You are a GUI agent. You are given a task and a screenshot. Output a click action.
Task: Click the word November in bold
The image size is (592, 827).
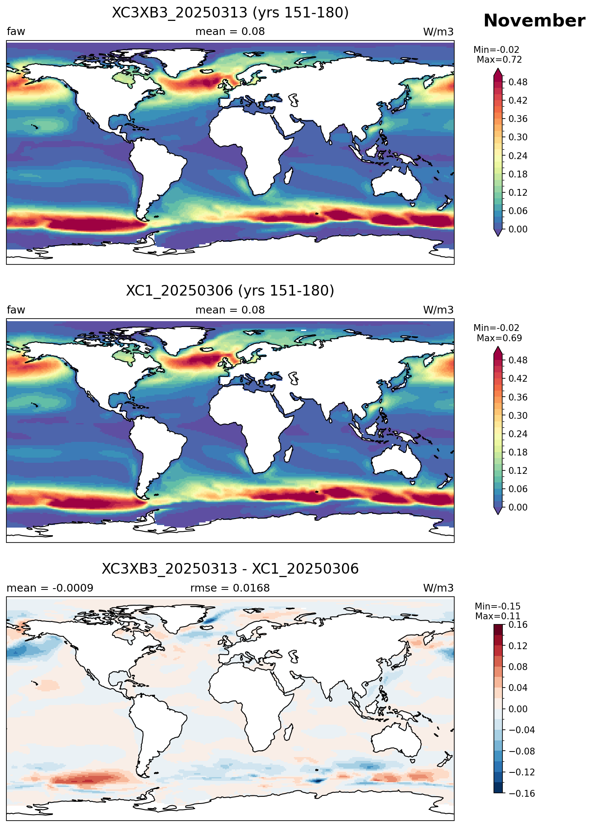pos(534,20)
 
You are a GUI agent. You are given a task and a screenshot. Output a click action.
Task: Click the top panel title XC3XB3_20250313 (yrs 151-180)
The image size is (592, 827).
pos(230,13)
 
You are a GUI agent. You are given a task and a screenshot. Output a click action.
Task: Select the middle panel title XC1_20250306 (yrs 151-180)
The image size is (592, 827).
pos(230,291)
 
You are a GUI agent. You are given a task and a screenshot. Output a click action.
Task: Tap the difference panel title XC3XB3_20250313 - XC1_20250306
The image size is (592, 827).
pos(230,569)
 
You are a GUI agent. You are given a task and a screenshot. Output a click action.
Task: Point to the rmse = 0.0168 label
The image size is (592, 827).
pos(230,588)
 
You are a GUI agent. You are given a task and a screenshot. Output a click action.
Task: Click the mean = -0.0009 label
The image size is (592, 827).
pos(50,588)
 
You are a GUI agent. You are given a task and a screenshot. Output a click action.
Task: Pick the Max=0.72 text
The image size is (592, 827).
pos(499,60)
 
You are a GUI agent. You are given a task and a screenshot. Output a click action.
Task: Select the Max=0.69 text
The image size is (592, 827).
pos(499,338)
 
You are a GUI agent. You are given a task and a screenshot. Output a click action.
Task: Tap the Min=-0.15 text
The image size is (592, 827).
pos(498,606)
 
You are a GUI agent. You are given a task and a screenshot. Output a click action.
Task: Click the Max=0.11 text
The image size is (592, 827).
pos(498,616)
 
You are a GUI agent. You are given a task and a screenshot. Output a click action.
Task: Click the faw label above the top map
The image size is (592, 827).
pos(16,32)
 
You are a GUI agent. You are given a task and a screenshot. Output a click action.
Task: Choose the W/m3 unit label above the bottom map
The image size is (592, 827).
pos(438,588)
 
